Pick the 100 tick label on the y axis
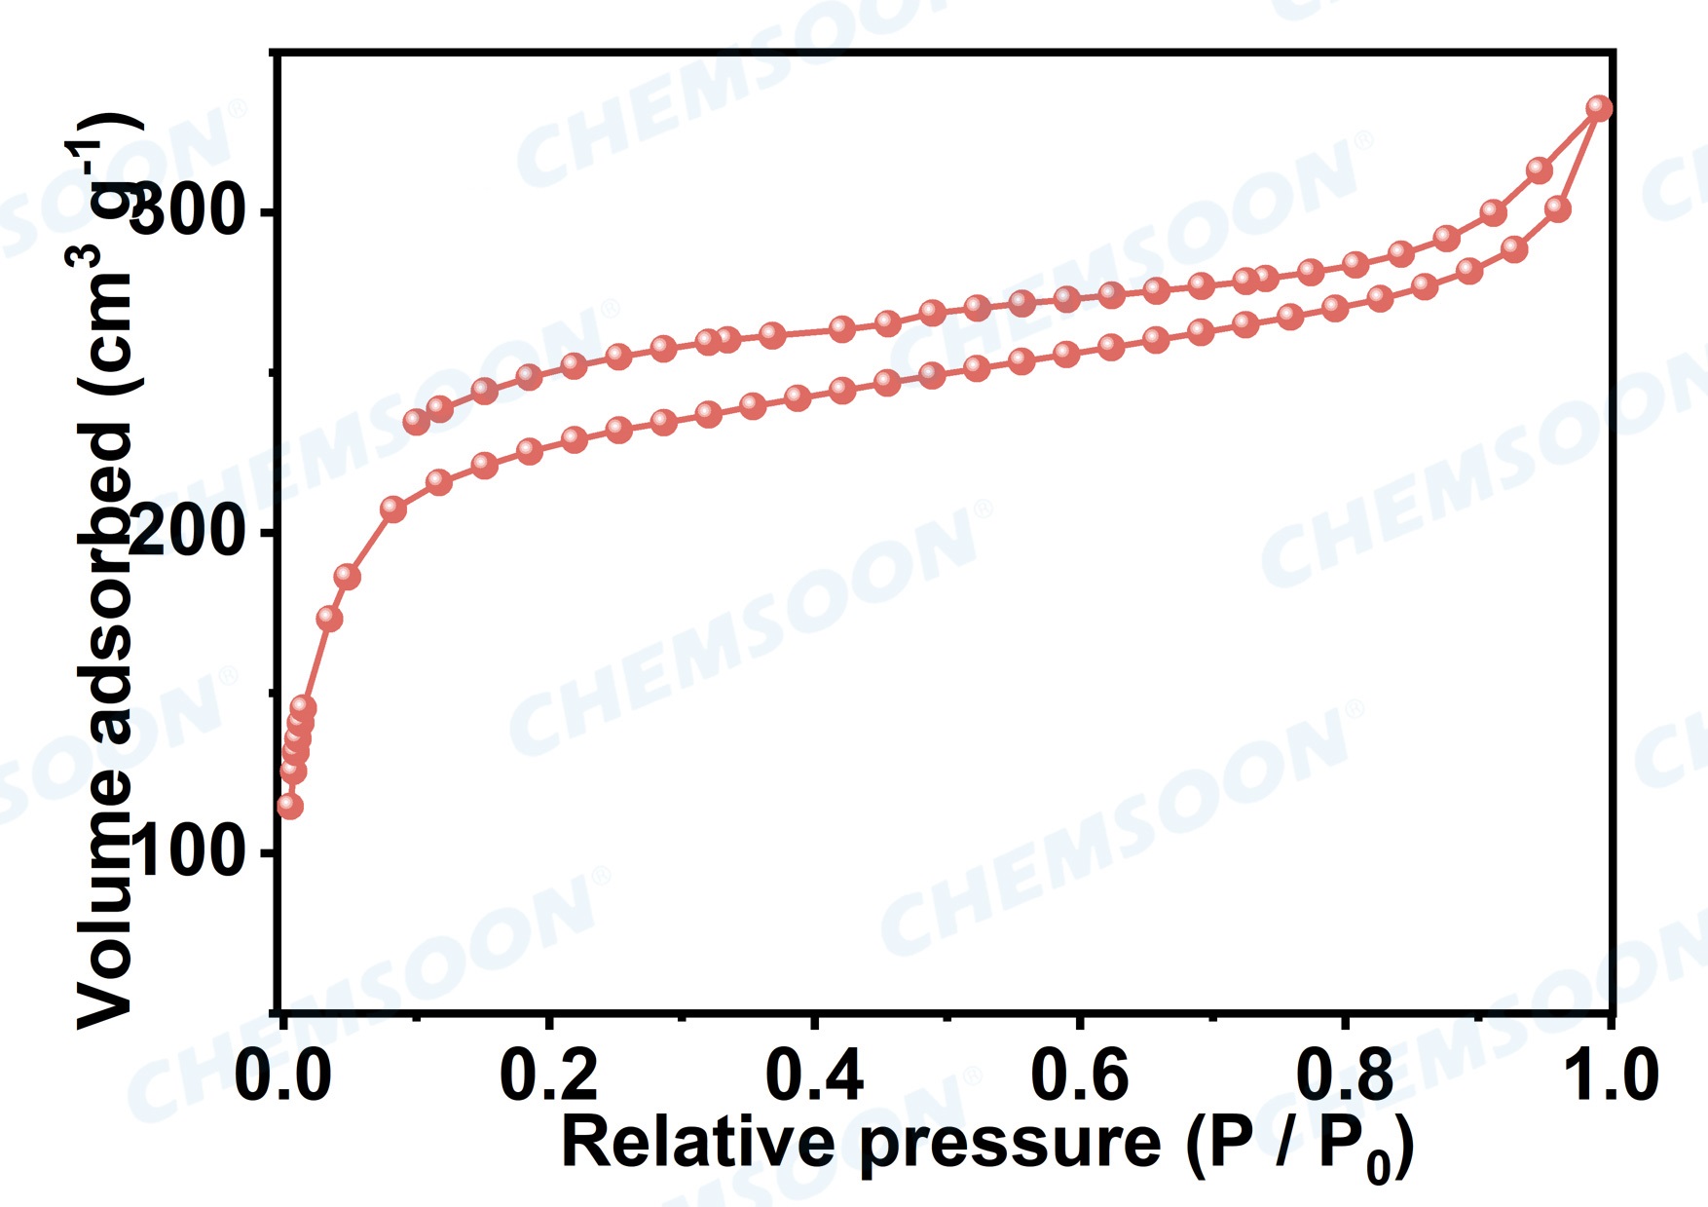tap(185, 852)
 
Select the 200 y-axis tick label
tap(185, 533)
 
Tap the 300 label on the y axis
tap(185, 212)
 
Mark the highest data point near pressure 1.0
tap(1599, 108)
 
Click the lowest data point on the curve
tap(289, 806)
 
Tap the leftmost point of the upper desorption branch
tap(417, 422)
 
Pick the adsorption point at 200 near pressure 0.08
tap(393, 509)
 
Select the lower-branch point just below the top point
tap(1557, 208)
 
